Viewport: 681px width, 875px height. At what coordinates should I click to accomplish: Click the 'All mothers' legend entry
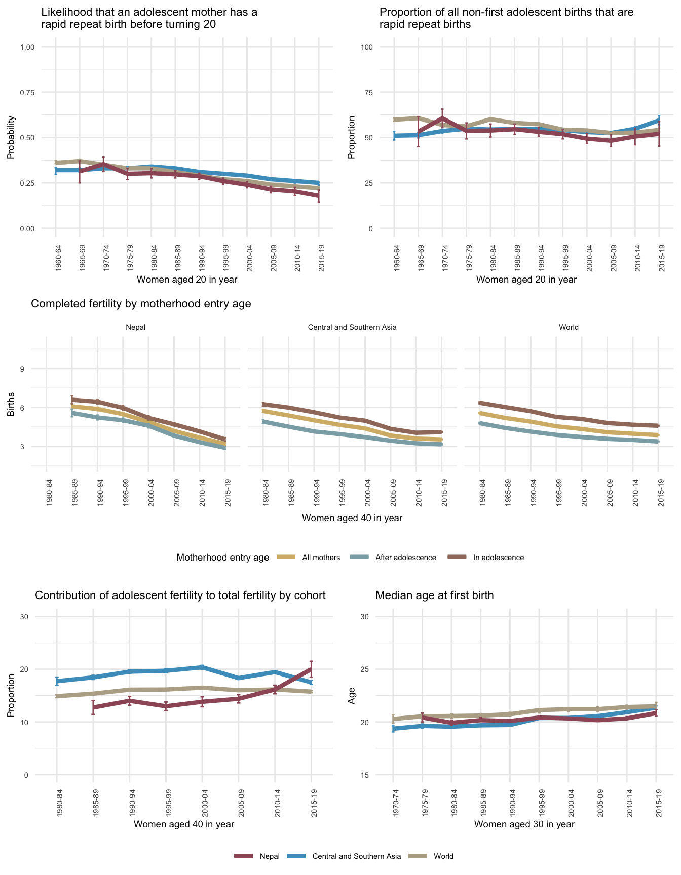point(321,558)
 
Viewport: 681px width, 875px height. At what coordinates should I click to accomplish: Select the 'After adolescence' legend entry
point(405,558)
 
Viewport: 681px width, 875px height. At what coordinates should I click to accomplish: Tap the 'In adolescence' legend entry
point(498,558)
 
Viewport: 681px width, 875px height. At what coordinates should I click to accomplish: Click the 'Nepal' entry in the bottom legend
point(269,856)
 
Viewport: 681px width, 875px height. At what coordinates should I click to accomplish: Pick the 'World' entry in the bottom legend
point(443,856)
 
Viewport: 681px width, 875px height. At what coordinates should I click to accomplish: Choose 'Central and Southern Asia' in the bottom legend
point(356,856)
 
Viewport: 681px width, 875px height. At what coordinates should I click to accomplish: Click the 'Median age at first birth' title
point(434,595)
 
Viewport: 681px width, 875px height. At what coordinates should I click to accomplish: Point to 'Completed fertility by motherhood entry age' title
point(141,304)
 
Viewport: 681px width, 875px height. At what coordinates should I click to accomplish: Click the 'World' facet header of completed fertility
point(569,327)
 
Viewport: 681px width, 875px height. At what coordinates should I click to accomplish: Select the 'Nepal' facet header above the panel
point(135,327)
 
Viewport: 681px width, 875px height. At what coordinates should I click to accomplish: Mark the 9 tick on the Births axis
point(23,369)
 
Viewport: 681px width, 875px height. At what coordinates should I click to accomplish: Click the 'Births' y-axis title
point(11,407)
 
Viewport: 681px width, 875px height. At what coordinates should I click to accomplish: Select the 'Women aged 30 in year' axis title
point(524,824)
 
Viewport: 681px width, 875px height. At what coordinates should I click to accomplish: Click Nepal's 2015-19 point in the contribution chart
point(311,669)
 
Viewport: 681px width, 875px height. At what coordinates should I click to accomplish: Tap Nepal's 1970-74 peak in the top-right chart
point(442,118)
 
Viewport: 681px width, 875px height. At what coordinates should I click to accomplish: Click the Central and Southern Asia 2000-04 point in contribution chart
point(202,667)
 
